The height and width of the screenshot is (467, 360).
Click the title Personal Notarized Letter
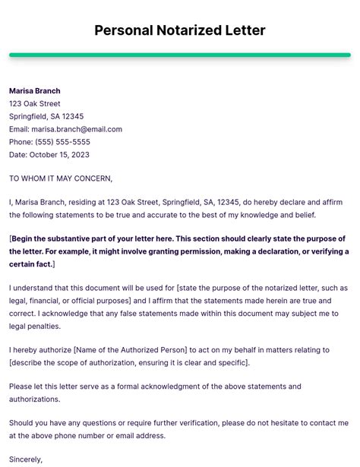click(x=180, y=30)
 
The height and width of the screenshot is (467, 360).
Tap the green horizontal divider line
click(x=180, y=55)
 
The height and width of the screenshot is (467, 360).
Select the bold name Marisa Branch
click(x=34, y=91)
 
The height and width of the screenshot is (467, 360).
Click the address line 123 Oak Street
click(x=35, y=104)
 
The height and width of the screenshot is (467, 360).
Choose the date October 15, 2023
click(x=60, y=155)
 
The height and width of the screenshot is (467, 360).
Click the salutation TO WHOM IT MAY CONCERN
click(x=61, y=178)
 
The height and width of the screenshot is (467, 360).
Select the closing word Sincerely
click(x=26, y=459)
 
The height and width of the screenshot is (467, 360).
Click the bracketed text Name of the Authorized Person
click(x=130, y=350)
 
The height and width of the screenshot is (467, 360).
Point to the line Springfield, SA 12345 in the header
click(x=46, y=116)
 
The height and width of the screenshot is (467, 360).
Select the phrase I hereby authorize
click(x=39, y=350)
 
